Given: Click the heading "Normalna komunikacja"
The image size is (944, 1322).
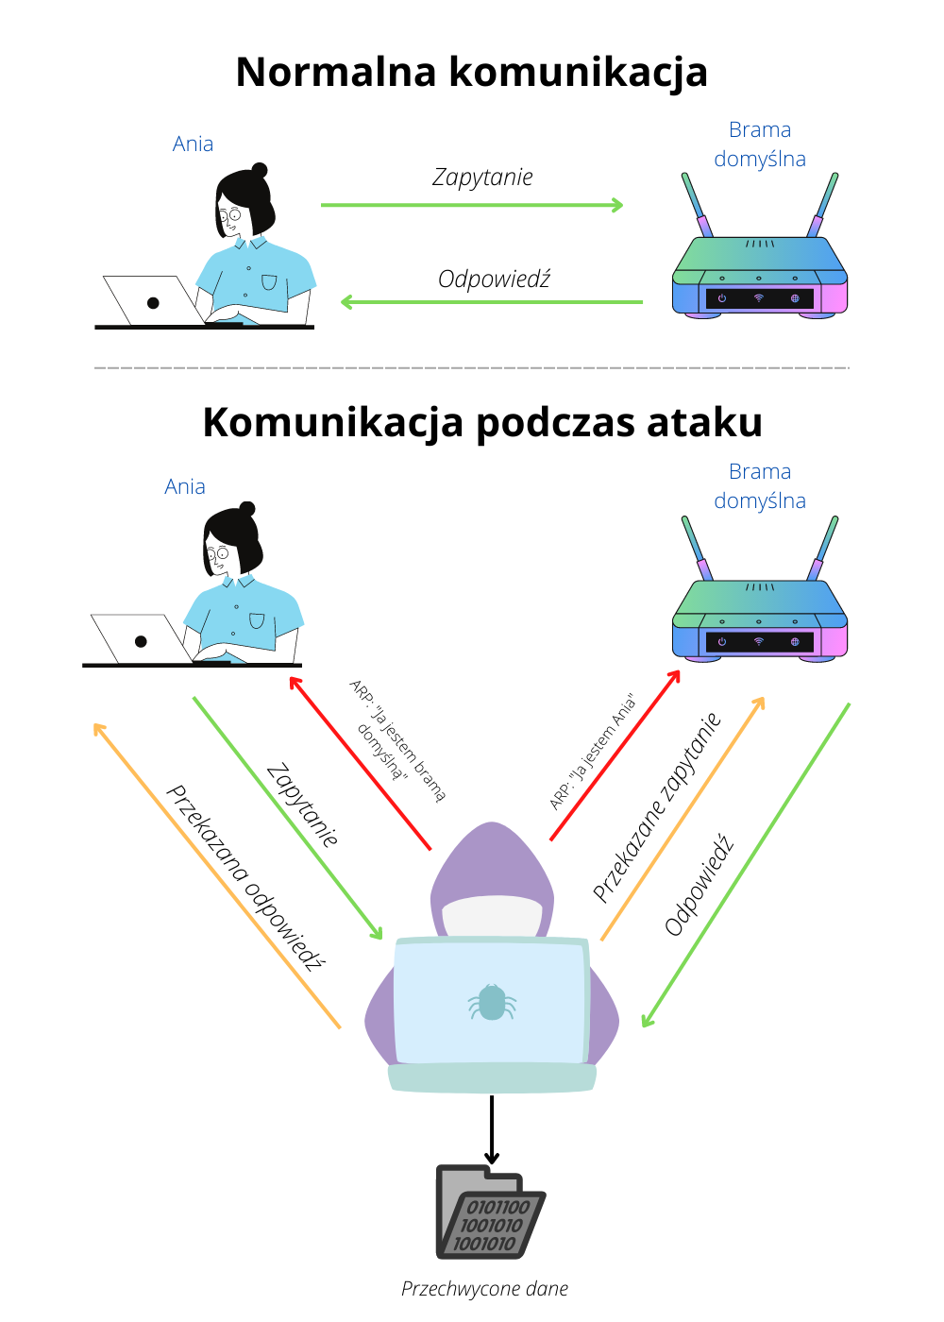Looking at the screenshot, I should [x=471, y=73].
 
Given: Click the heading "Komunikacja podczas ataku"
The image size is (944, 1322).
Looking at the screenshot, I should [x=482, y=422].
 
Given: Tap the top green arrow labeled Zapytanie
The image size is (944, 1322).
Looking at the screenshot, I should [x=472, y=205].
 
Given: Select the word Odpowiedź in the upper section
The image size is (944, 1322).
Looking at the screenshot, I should [x=494, y=280].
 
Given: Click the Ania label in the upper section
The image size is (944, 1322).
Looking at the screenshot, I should [x=193, y=144].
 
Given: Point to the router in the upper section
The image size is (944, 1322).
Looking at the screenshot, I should [x=759, y=274].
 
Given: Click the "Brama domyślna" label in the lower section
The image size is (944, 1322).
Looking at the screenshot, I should [x=760, y=486].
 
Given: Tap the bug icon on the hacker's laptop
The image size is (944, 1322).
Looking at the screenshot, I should [x=492, y=1003].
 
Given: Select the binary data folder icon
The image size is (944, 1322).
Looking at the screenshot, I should [x=490, y=1213].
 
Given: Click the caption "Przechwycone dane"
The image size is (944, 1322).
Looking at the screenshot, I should [x=484, y=1289].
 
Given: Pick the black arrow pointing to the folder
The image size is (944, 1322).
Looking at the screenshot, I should [x=492, y=1128].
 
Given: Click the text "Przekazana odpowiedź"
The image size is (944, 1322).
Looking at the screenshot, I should [x=244, y=877].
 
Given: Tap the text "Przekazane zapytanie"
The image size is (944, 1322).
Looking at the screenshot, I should [x=657, y=807].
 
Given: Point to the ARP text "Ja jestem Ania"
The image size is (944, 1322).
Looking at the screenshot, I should [x=594, y=753].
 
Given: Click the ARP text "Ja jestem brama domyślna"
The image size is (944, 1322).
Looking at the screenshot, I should [x=397, y=742].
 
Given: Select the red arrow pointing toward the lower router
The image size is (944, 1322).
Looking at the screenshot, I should [x=615, y=755].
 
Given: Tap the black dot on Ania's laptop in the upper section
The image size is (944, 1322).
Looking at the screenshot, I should [x=153, y=303].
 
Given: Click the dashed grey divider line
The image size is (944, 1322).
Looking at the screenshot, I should [x=472, y=367].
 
